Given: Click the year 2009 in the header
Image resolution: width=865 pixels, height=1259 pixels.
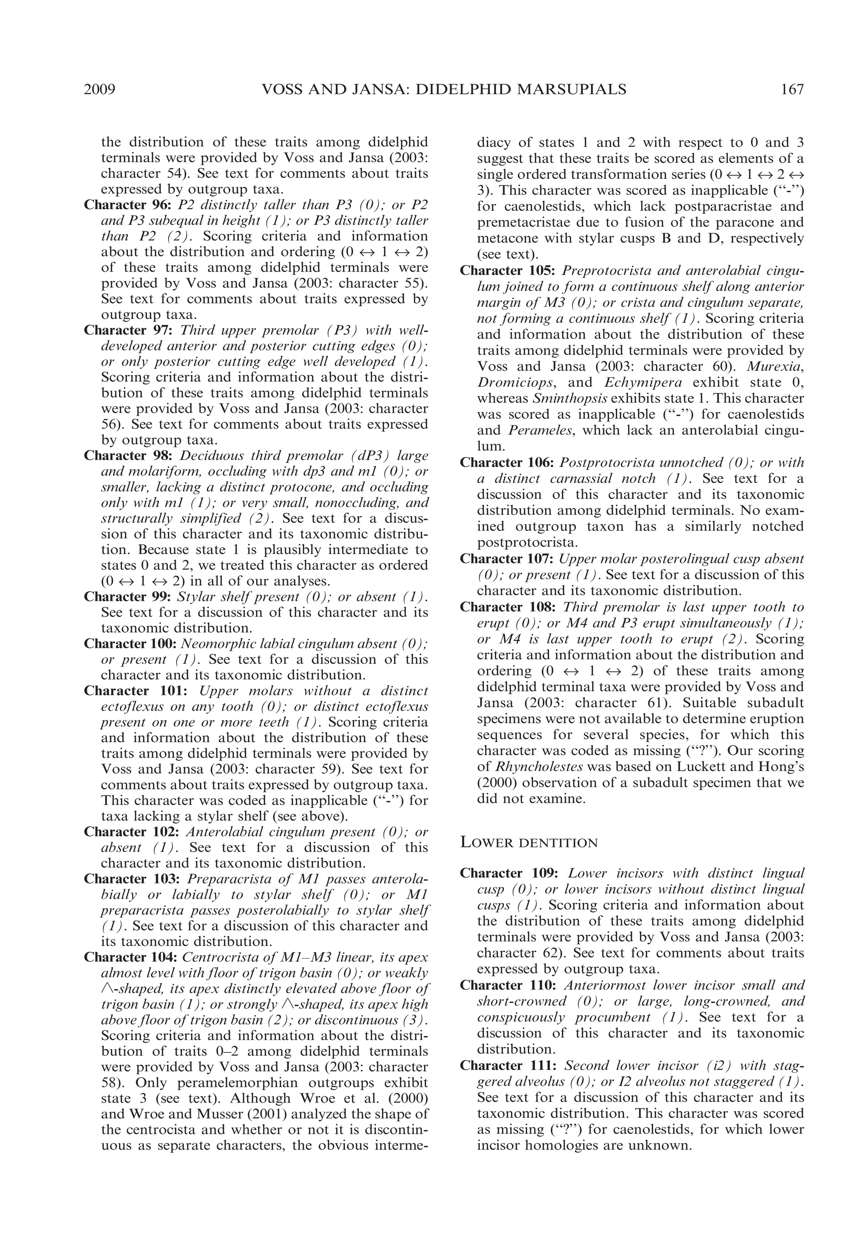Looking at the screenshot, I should [x=100, y=90].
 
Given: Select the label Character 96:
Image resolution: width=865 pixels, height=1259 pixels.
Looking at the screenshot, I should [x=128, y=205].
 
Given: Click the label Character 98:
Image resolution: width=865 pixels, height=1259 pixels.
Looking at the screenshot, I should [x=128, y=456].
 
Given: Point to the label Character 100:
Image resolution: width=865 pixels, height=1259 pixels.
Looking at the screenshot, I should [x=130, y=644].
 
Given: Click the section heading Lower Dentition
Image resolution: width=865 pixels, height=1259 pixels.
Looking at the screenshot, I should [x=529, y=843].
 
